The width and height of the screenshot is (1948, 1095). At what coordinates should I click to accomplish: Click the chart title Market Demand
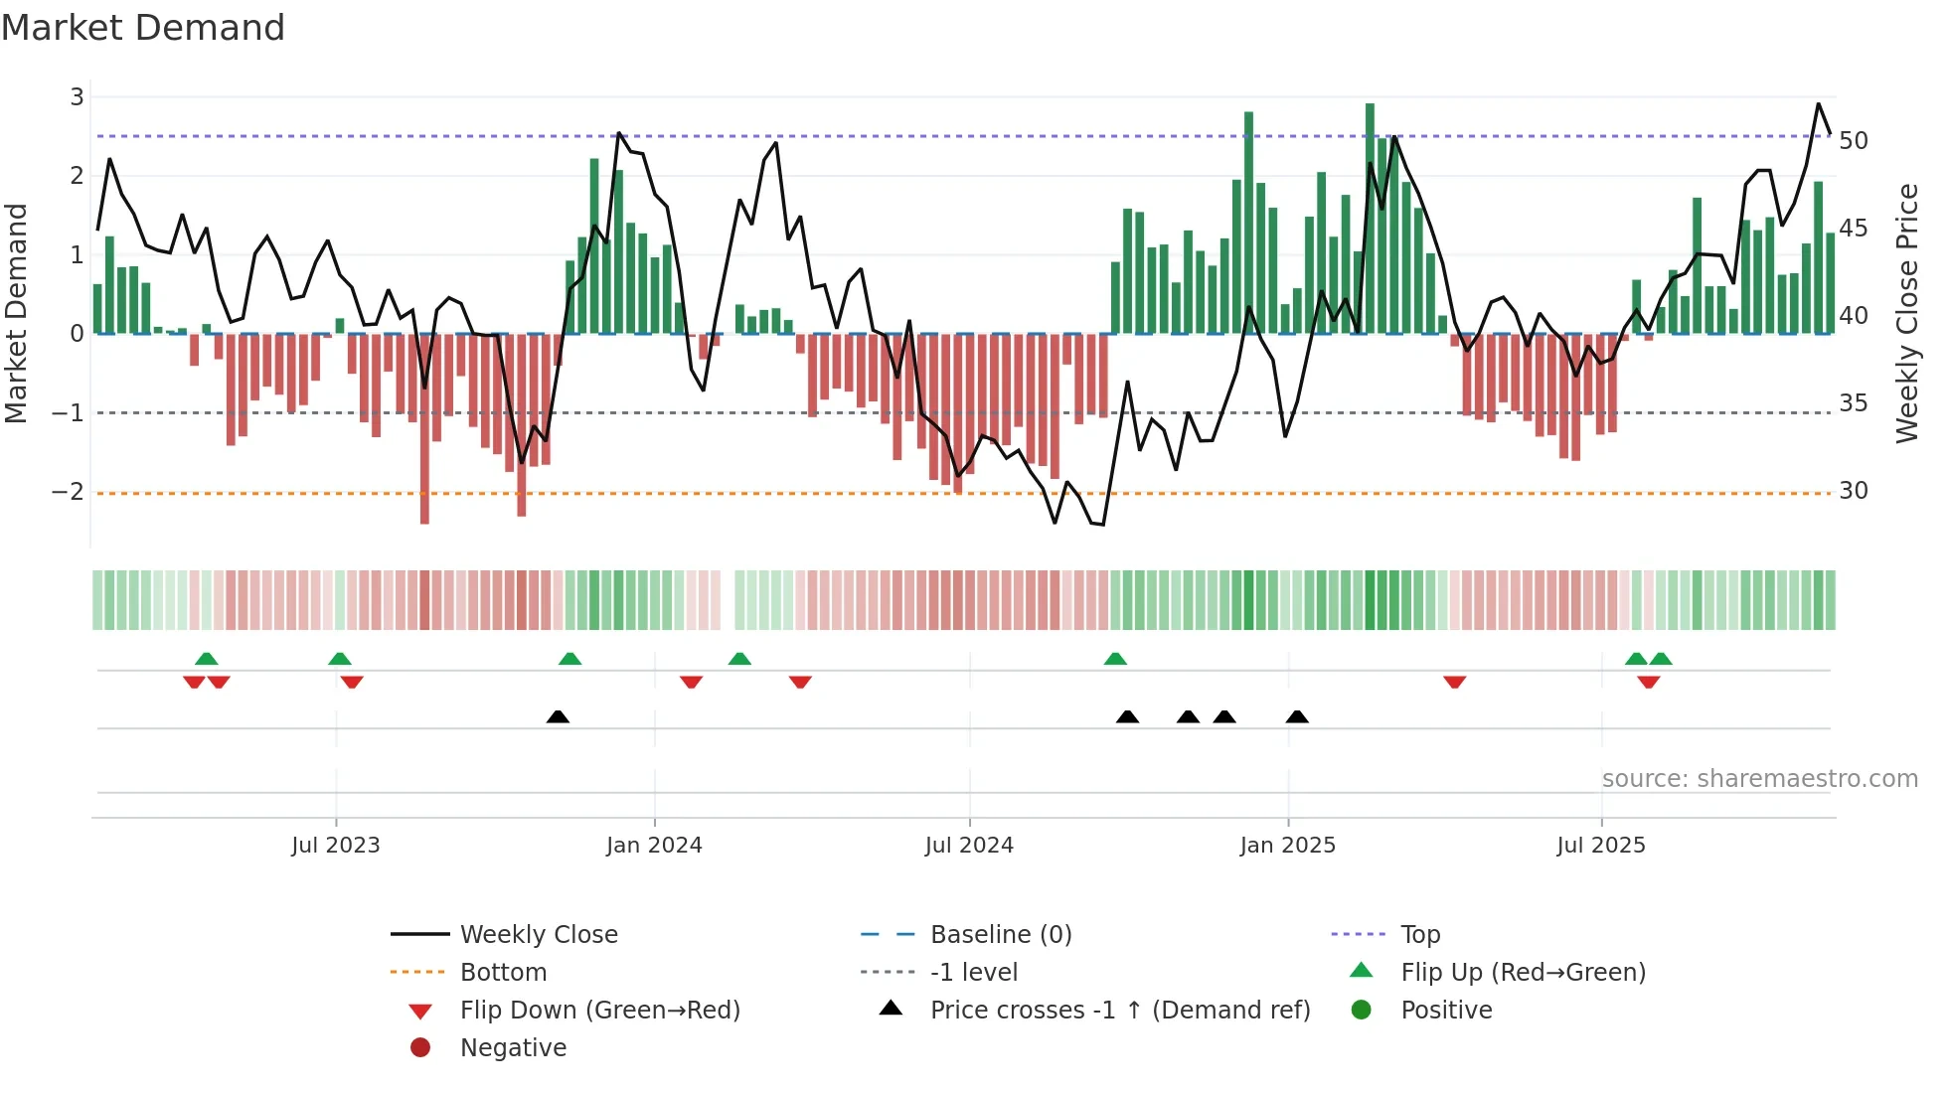(x=143, y=28)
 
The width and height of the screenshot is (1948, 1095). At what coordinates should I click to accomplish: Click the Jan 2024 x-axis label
(x=654, y=846)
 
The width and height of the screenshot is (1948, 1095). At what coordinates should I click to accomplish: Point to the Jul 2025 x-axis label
(x=1600, y=846)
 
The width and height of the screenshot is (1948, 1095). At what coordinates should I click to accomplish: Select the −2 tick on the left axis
(x=68, y=492)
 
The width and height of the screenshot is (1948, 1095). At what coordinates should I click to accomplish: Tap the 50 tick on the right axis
(x=1854, y=141)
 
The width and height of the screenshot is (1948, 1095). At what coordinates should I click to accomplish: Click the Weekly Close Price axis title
(x=1906, y=313)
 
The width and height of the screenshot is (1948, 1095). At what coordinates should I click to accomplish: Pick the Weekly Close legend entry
(x=538, y=935)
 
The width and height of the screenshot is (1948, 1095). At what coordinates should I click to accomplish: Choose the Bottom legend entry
(x=503, y=973)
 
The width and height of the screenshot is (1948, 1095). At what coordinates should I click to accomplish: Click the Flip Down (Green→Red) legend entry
(x=599, y=1011)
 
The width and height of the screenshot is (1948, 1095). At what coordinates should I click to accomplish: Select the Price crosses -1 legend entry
(x=1119, y=1011)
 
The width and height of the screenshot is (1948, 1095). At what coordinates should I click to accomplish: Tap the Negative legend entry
(x=513, y=1048)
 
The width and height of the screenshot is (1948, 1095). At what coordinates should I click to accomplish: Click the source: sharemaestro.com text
(x=1759, y=779)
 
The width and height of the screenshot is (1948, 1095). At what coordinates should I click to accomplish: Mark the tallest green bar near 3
(x=1370, y=219)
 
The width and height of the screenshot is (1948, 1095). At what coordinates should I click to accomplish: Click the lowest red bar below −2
(x=424, y=427)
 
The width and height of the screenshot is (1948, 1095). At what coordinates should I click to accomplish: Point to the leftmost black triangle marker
(x=558, y=716)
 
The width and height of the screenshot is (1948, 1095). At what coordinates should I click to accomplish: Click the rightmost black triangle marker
(x=1297, y=716)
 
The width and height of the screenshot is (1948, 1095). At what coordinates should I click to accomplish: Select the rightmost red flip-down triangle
(x=1649, y=682)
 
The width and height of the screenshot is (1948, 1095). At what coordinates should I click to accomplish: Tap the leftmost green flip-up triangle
(x=206, y=659)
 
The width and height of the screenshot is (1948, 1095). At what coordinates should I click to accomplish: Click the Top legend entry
(x=1419, y=935)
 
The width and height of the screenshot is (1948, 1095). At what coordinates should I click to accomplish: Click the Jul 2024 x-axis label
(x=969, y=846)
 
